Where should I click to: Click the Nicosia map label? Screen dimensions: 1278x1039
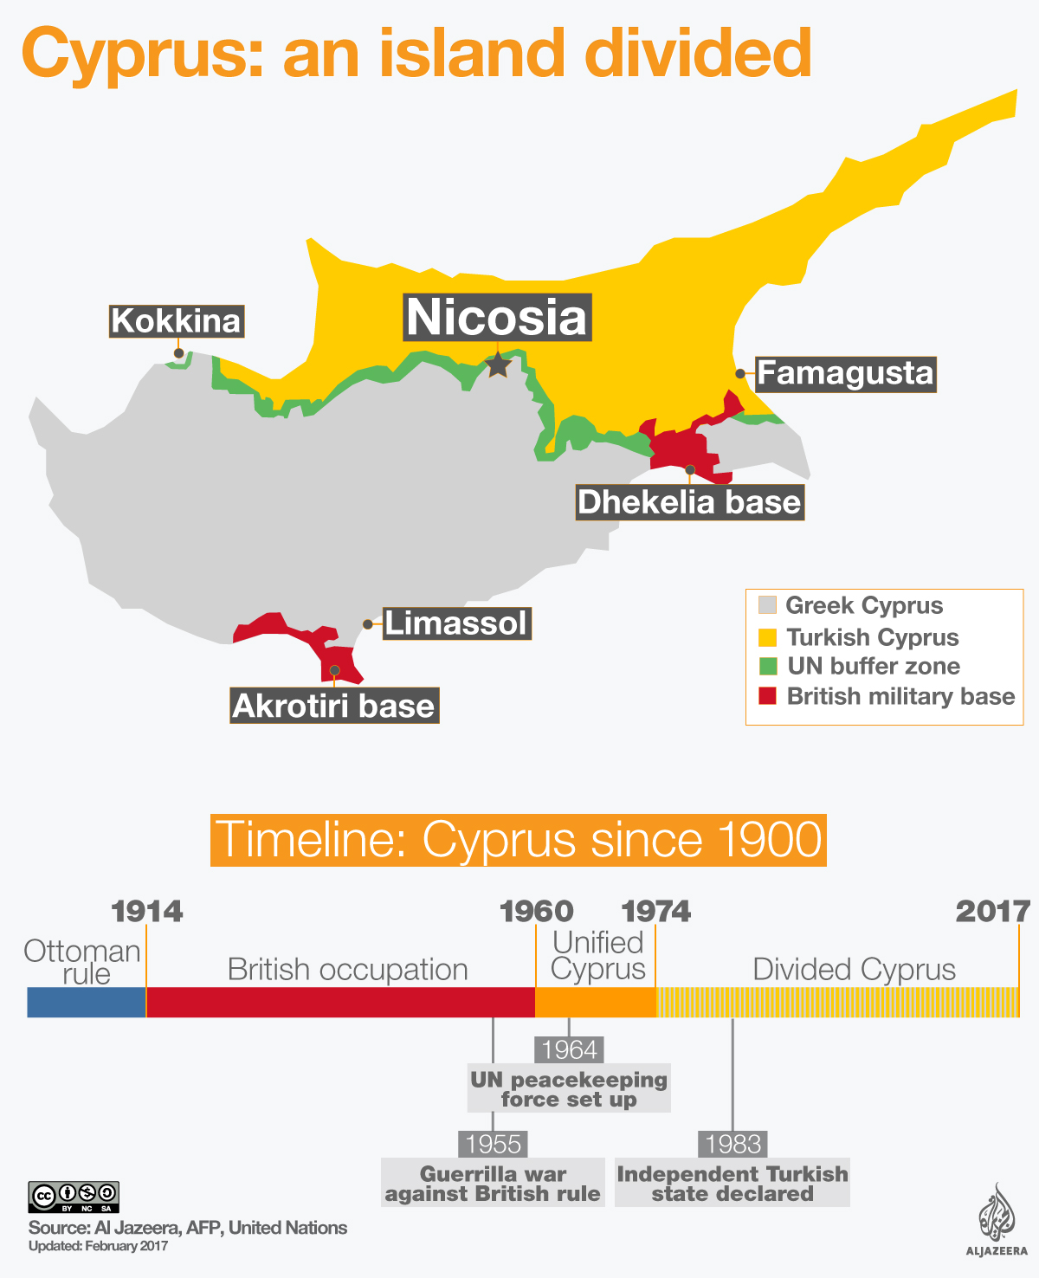tap(498, 317)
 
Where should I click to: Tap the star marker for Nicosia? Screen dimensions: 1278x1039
tap(498, 365)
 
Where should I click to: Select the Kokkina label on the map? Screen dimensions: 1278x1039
tap(176, 321)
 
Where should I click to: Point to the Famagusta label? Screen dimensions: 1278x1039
tap(845, 374)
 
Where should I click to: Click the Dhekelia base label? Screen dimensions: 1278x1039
tap(689, 502)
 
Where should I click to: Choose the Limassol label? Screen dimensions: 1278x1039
tap(455, 623)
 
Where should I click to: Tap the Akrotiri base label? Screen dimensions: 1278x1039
tap(333, 706)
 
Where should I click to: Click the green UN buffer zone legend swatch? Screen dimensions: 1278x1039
tap(767, 667)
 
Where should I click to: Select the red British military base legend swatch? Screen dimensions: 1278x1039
tap(767, 696)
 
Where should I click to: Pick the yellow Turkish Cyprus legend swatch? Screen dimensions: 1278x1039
tap(767, 637)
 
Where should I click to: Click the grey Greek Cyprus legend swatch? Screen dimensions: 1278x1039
tap(767, 605)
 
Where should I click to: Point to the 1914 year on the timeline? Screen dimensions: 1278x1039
tap(147, 911)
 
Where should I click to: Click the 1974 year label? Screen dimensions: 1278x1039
tap(656, 911)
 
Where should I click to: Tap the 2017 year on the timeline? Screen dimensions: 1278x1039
tap(993, 911)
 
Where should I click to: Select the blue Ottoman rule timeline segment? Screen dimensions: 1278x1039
tap(87, 1002)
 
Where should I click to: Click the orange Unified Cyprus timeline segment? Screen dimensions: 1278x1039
tap(596, 1002)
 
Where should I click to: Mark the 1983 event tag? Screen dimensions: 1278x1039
tap(733, 1144)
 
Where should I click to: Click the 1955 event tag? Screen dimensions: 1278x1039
tap(493, 1144)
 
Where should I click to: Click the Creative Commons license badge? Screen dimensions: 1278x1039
tap(74, 1197)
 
